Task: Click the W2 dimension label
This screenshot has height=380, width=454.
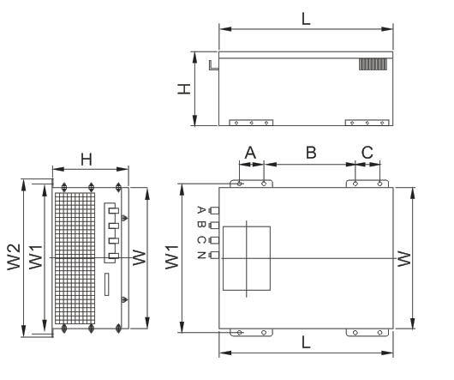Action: pyautogui.click(x=14, y=257)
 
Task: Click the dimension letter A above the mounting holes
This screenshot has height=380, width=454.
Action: pyautogui.click(x=250, y=153)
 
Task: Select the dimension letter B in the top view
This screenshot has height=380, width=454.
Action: pyautogui.click(x=311, y=153)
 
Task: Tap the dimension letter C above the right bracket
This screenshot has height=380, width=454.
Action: pyautogui.click(x=367, y=153)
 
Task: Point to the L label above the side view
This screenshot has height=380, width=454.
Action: pyautogui.click(x=306, y=19)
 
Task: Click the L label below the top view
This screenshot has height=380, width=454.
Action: pyautogui.click(x=306, y=342)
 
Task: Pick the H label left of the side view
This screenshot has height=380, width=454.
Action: pyautogui.click(x=184, y=89)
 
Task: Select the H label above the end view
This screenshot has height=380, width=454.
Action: pyautogui.click(x=87, y=160)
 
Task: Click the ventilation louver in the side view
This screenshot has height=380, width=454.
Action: pyautogui.click(x=373, y=64)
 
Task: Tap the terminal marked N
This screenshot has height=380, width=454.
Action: pyautogui.click(x=215, y=255)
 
